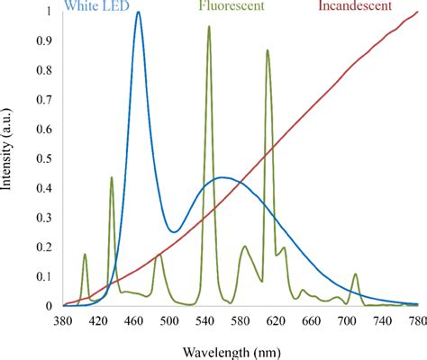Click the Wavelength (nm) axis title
tap(239, 351)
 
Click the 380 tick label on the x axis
tap(63, 320)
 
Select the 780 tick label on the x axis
tap(415, 320)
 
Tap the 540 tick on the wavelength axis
tap(204, 320)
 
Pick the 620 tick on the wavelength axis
tap(274, 320)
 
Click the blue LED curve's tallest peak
tap(138, 13)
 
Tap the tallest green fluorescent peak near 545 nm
tap(209, 27)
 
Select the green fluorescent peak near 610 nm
tap(268, 50)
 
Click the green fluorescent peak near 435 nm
tap(112, 177)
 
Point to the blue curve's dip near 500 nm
tap(173, 232)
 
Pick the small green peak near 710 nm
tap(355, 274)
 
